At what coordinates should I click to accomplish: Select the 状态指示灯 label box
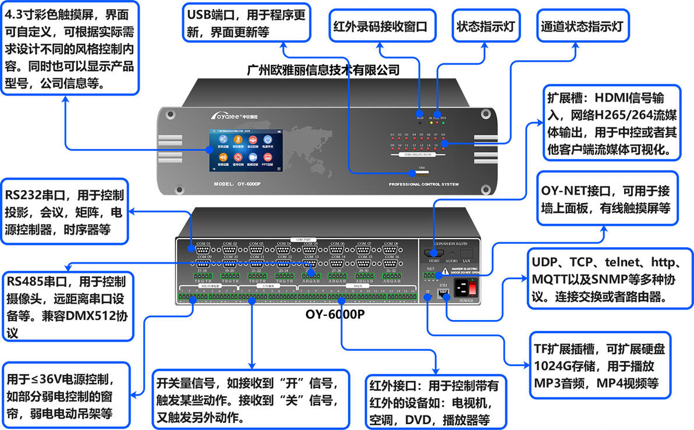[487, 27]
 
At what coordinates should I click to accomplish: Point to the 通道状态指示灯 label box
[582, 27]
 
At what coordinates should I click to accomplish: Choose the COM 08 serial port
[390, 249]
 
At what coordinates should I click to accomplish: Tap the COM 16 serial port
[390, 262]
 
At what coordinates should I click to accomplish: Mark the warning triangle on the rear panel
[445, 270]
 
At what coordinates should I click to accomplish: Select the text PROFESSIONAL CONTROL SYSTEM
[423, 184]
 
